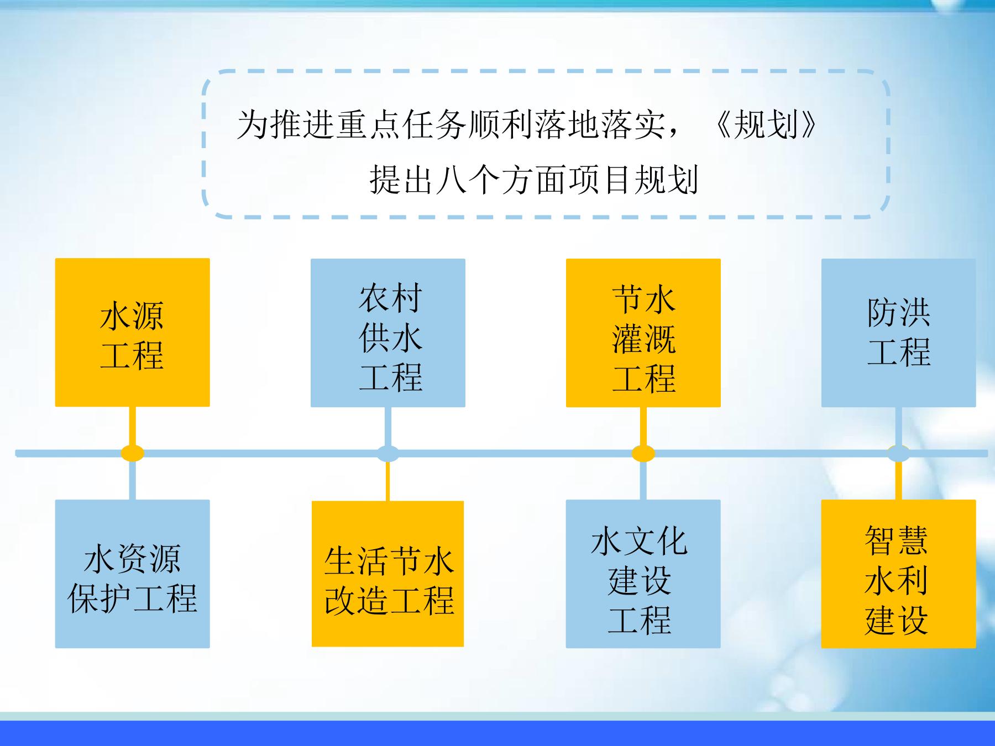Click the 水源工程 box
(132, 333)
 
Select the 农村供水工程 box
(387, 333)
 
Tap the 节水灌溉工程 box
(643, 333)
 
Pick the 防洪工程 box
(898, 333)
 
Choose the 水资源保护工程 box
(132, 574)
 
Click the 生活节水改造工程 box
(387, 574)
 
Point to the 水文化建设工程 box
(643, 574)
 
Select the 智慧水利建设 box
(898, 574)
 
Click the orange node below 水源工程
(132, 453)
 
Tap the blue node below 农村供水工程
(387, 453)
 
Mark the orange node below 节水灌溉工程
(643, 453)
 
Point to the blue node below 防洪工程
(898, 453)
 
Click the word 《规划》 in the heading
(766, 125)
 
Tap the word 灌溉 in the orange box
(643, 339)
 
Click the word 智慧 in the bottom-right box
(896, 540)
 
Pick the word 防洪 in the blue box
(898, 313)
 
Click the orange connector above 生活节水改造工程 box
(387, 481)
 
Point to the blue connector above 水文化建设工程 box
(643, 480)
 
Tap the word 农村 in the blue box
(390, 298)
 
